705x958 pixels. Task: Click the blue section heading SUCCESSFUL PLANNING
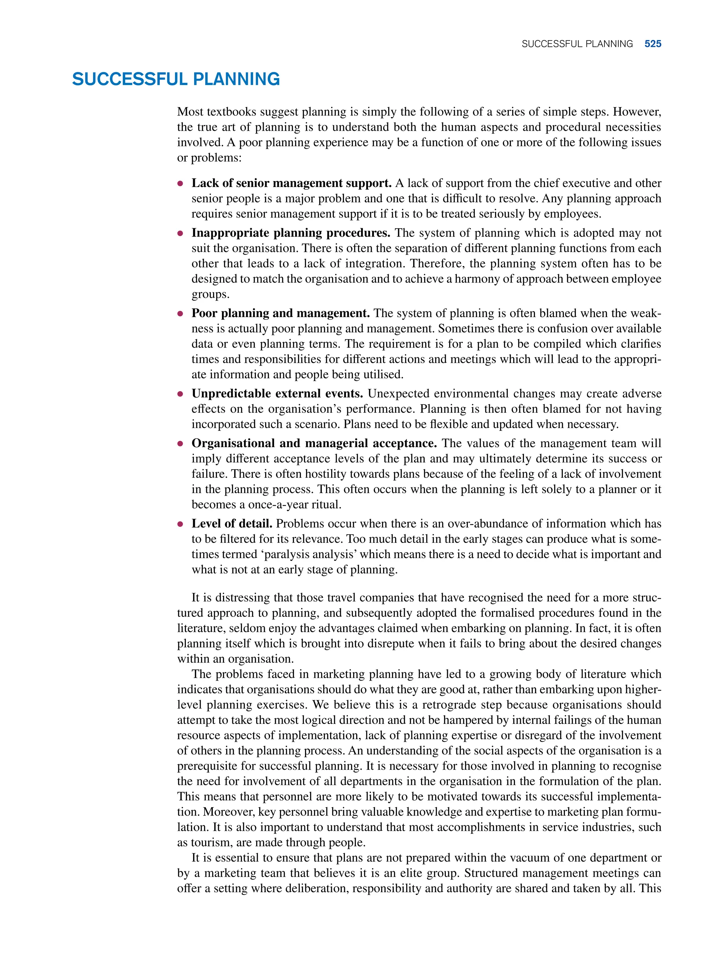coord(176,80)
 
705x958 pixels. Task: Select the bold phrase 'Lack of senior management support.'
coord(292,183)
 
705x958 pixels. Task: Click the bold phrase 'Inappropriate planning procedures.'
coord(291,233)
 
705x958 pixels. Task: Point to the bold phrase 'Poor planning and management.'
coord(280,313)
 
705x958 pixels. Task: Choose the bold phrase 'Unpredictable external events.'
coord(277,393)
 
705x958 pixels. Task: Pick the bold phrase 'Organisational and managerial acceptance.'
coord(314,443)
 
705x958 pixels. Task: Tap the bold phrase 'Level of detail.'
coord(232,524)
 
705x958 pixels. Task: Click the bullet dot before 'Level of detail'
coord(180,524)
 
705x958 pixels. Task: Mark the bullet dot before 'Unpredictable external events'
coord(180,394)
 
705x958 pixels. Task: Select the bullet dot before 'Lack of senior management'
coord(180,183)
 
